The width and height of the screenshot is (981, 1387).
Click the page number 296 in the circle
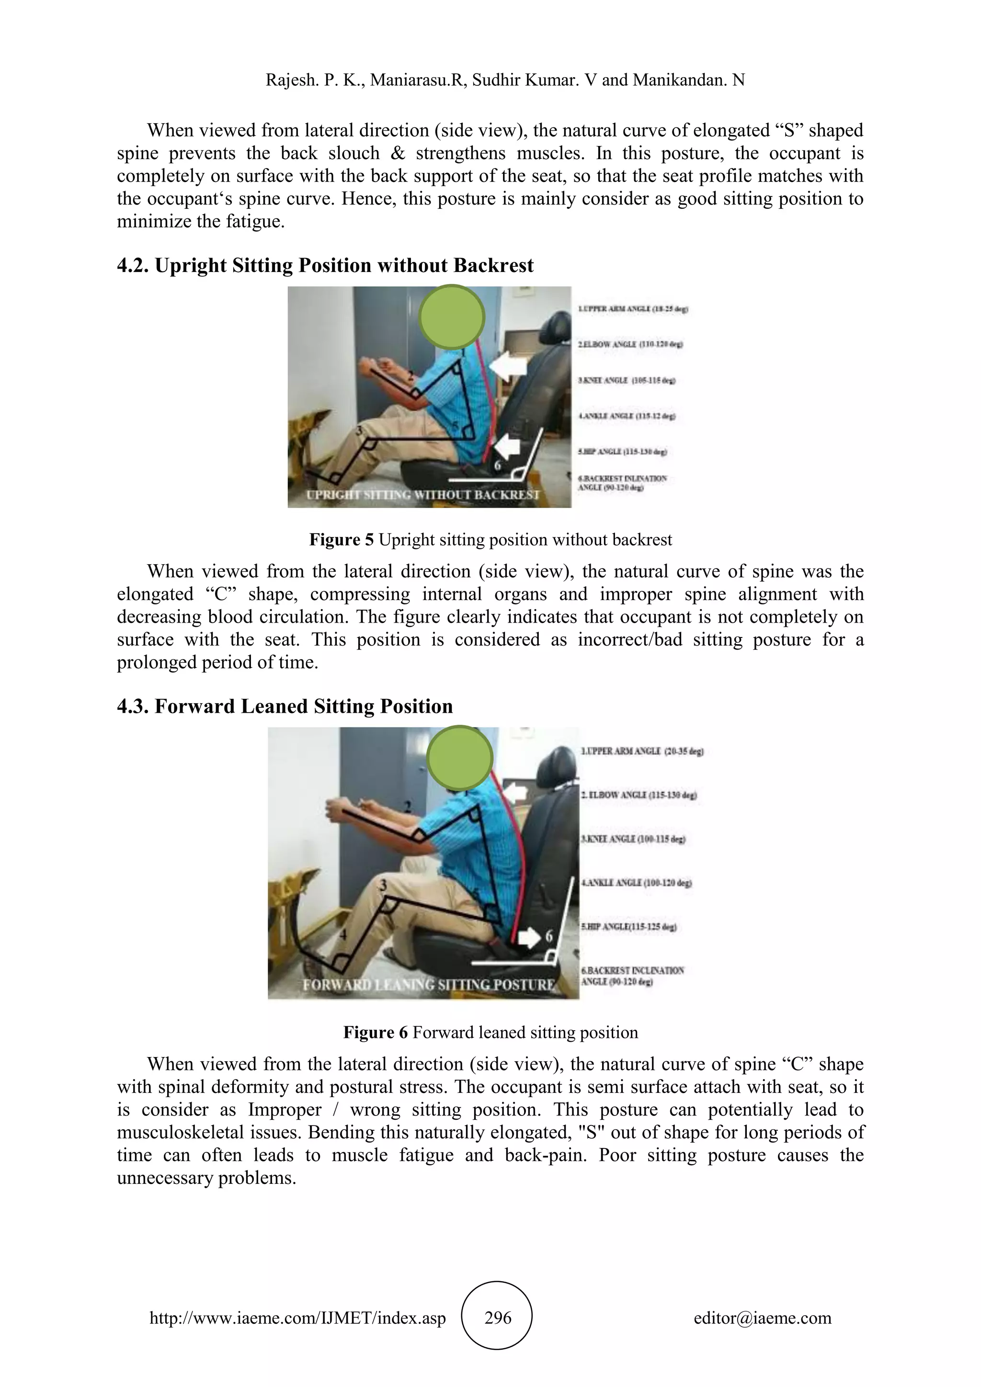(x=498, y=1318)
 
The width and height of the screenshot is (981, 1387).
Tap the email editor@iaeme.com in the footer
(x=762, y=1318)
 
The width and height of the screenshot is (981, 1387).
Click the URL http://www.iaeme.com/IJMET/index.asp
(x=297, y=1318)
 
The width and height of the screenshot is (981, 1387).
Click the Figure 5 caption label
(x=342, y=539)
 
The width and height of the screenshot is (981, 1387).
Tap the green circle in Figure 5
(x=452, y=317)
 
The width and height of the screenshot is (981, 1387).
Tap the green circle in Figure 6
(x=460, y=758)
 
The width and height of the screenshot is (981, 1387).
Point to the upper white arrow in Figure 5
(x=509, y=366)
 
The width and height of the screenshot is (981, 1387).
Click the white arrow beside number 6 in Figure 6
(x=530, y=938)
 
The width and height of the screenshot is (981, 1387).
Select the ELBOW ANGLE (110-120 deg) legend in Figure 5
(x=631, y=344)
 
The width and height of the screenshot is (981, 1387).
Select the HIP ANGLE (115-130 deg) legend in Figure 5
(x=622, y=452)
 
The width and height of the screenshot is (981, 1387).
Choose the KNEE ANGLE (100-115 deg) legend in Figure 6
(x=632, y=839)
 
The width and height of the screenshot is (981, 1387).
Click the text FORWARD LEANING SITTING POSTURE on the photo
(x=429, y=985)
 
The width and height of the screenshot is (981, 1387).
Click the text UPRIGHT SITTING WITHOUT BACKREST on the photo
(x=423, y=495)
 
